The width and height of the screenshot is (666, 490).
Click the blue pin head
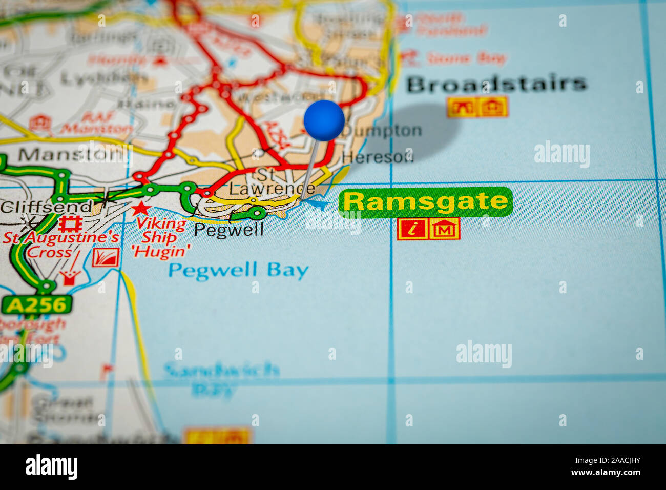pos(324,120)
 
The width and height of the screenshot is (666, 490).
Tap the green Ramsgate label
pos(425,202)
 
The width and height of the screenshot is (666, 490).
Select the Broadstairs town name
pos(496,84)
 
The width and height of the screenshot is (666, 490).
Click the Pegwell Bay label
pos(239,270)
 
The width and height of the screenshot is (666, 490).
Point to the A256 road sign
pos(37,305)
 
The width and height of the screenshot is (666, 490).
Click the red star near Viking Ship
pos(140,209)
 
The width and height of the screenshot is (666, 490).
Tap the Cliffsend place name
pos(46,207)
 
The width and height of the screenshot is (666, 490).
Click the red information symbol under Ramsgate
pos(412,229)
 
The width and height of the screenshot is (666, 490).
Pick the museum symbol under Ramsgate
pos(444,229)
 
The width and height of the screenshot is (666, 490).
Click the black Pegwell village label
pos(228,230)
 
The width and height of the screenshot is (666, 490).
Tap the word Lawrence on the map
pos(272,189)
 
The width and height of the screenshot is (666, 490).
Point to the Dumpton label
pos(382,131)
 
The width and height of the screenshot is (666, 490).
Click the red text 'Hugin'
pos(160,252)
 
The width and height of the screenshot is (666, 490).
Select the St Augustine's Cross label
pos(60,245)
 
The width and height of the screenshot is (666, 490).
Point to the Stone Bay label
pos(466,58)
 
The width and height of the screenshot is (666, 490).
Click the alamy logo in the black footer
pos(51,467)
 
